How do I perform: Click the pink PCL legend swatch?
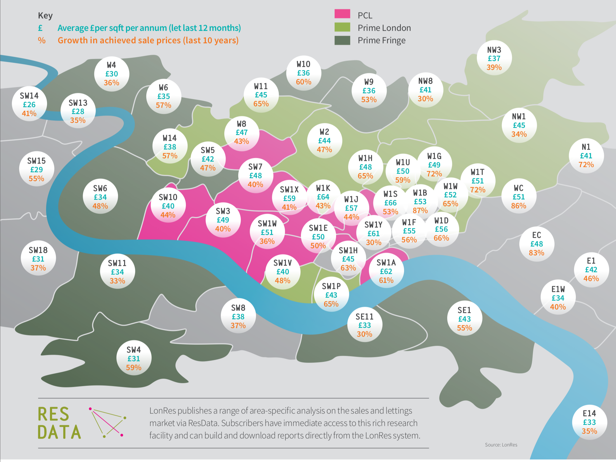(342, 14)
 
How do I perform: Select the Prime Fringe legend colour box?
(342, 40)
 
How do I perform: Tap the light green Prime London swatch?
(342, 27)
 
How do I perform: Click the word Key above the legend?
(45, 15)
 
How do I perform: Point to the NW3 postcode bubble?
(494, 58)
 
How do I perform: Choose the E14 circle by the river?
(589, 422)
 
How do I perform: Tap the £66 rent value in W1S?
(390, 203)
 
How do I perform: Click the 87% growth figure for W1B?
(420, 211)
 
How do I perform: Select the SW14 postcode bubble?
(29, 104)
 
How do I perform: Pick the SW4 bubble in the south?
(134, 358)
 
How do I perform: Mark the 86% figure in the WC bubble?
(519, 206)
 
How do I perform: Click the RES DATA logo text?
(59, 423)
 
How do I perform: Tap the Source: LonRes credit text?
(501, 445)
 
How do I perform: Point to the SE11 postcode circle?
(364, 325)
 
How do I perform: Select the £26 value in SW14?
(29, 105)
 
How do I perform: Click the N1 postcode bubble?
(586, 156)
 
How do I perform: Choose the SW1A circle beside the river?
(386, 271)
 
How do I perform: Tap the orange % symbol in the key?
(42, 41)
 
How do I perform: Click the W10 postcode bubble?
(304, 73)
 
